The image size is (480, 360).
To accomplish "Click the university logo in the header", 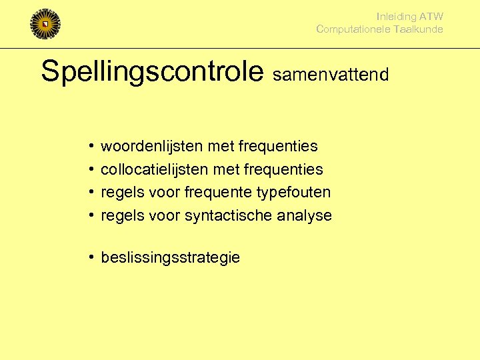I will [x=45, y=24].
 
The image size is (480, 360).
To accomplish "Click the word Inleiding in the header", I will [x=396, y=17].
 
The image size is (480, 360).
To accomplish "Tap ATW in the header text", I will [x=431, y=17].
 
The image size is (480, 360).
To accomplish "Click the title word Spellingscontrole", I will [x=153, y=71].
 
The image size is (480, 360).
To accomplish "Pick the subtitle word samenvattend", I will [x=330, y=74].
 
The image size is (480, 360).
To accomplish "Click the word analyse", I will [x=307, y=216].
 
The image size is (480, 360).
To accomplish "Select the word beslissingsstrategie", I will [x=170, y=258].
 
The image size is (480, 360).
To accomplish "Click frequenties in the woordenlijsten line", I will [x=277, y=146].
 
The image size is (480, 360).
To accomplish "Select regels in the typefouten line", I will [x=120, y=193].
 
